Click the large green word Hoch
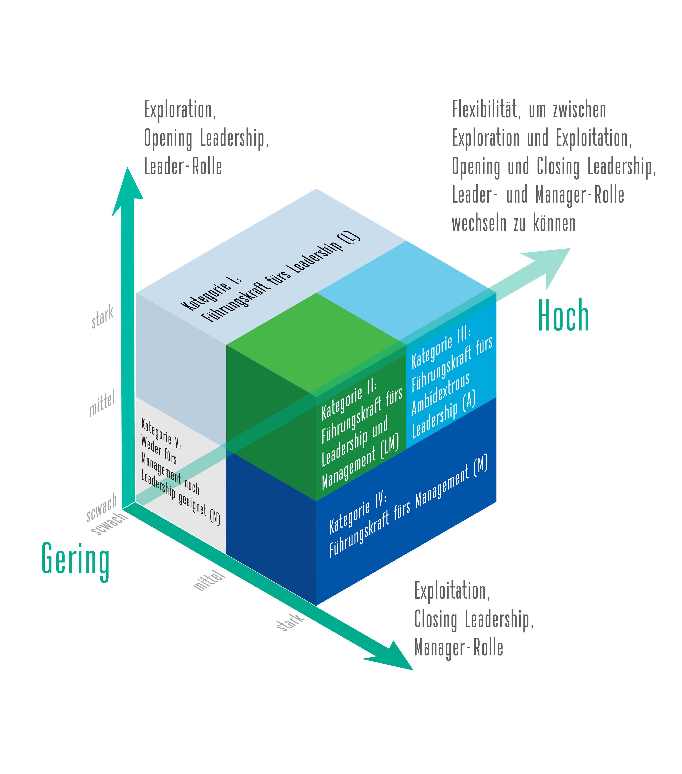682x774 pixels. (x=563, y=315)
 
